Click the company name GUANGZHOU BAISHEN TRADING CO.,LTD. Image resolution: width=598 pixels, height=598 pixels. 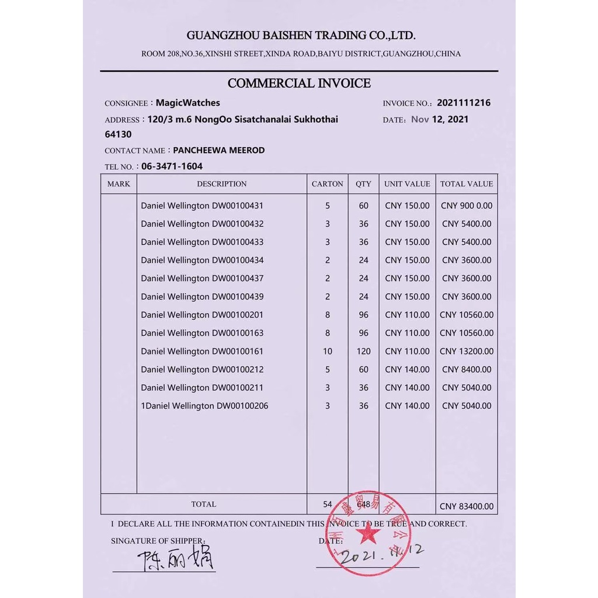coord(301,35)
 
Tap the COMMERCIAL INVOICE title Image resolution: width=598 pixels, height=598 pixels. coord(299,83)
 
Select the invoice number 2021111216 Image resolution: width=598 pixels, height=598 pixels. coord(464,103)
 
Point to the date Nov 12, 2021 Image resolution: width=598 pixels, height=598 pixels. coord(440,119)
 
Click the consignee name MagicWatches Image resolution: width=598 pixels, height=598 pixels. coord(187,103)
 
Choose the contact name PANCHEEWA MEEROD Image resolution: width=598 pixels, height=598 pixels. coord(219,150)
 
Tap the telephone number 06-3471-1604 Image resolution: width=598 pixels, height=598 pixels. coord(172,166)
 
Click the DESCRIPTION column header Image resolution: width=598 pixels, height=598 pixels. coord(221,184)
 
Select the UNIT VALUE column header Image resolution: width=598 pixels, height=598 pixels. coord(407,184)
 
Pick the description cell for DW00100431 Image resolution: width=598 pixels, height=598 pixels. coord(202,206)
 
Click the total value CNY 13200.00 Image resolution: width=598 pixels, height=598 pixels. coord(467,351)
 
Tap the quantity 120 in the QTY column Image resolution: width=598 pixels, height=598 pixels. coord(363,351)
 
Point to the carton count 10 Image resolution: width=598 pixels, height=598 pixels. coord(328,351)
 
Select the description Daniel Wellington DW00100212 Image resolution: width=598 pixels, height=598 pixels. coord(202,369)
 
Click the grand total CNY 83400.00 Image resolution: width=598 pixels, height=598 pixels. coord(467,506)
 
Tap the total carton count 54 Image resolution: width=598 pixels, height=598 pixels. coord(328,504)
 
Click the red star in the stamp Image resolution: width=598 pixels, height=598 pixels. coord(367,532)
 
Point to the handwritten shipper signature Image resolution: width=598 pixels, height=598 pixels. coord(176,559)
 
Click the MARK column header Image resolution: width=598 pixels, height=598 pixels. coord(119,184)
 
